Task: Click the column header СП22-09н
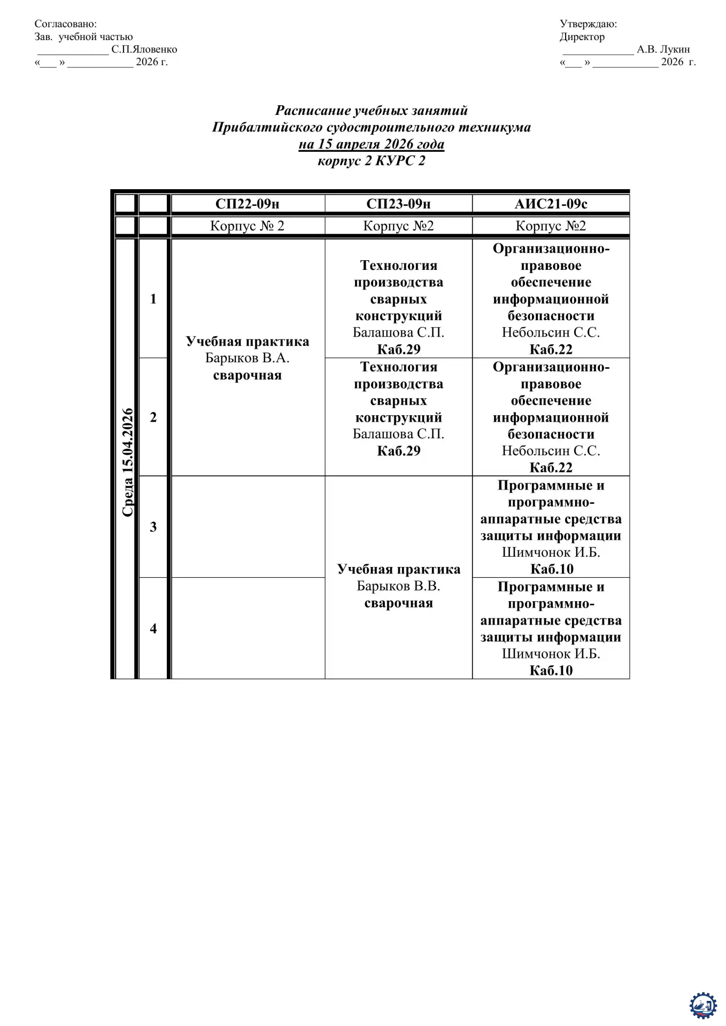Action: coord(247,204)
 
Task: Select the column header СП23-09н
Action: coord(398,204)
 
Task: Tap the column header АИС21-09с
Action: coord(551,204)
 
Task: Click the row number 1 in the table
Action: coord(153,299)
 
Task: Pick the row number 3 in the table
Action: coord(153,527)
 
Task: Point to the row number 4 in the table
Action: coord(153,628)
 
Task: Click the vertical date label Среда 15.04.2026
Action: coord(127,462)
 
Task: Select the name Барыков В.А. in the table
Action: coord(247,358)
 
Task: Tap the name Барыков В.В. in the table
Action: coord(398,586)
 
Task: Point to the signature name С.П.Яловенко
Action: coord(144,50)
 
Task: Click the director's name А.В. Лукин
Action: coord(663,50)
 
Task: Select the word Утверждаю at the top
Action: coord(588,24)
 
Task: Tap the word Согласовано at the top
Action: coord(65,24)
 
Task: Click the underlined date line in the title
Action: coord(371,144)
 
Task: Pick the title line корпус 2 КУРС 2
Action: coord(371,161)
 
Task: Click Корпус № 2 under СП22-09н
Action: coord(247,226)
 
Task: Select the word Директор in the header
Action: coord(582,37)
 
